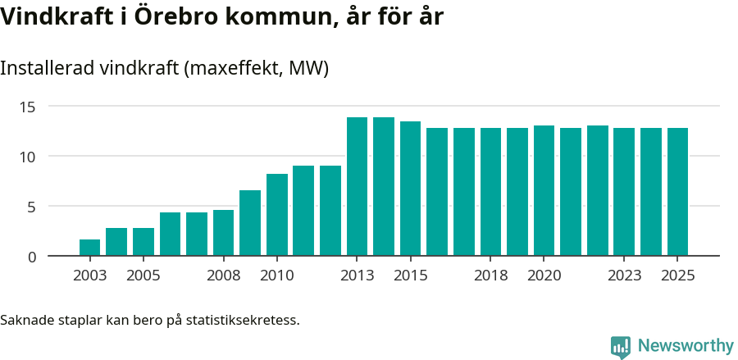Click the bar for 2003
(89, 248)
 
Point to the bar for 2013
(357, 187)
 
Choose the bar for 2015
(410, 189)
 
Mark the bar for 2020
(544, 191)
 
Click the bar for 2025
(677, 192)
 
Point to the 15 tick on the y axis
(28, 107)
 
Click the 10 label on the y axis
(28, 157)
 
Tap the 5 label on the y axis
(32, 207)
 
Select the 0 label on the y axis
(32, 257)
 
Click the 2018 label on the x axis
(490, 275)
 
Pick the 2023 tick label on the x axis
(624, 275)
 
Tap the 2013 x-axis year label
(357, 275)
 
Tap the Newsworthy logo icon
(621, 347)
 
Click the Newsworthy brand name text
(686, 346)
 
